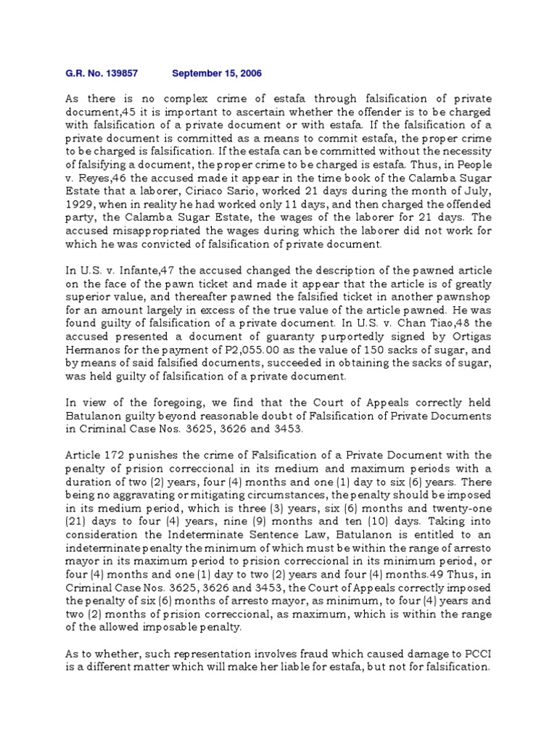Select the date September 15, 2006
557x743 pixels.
[x=217, y=73]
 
